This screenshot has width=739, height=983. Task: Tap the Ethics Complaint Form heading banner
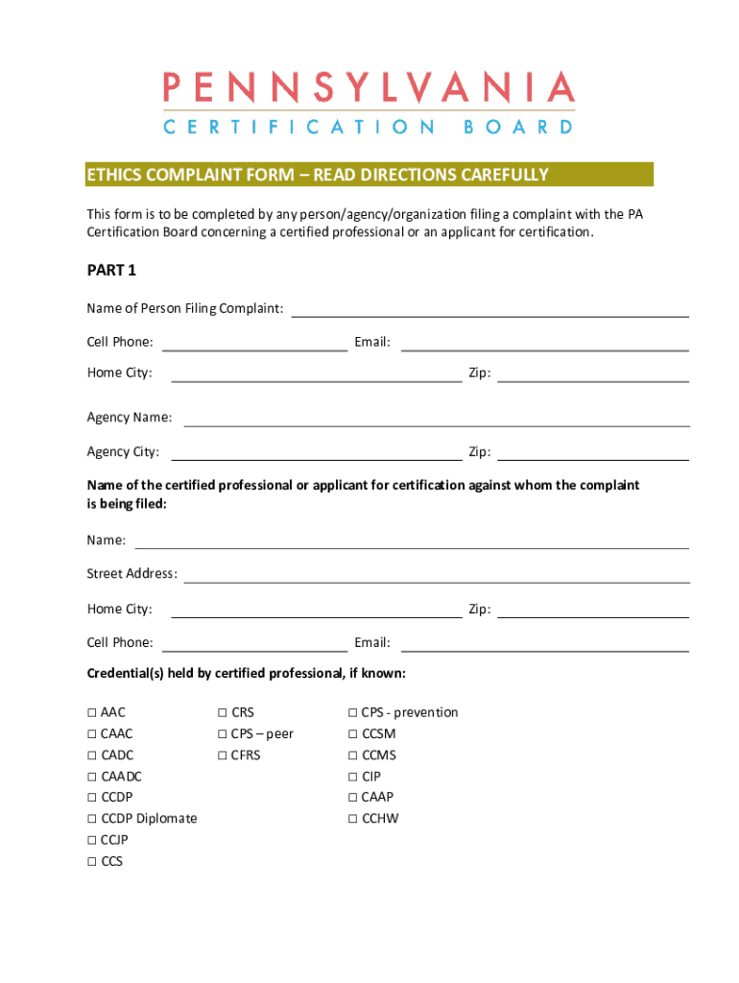[369, 175]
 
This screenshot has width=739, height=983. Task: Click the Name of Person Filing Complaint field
[489, 309]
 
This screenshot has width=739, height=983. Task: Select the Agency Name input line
[436, 419]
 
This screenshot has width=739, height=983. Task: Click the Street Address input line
[436, 575]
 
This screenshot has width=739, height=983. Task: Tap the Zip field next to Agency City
[592, 453]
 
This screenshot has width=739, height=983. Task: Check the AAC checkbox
[92, 713]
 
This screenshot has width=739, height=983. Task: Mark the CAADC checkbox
[92, 777]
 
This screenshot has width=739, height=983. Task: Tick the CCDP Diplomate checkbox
[92, 819]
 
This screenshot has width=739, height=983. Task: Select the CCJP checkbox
[92, 840]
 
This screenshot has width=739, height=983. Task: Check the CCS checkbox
[92, 862]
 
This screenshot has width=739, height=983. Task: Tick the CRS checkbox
[223, 713]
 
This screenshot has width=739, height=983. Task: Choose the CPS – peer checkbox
[223, 734]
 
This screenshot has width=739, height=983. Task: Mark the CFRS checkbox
[223, 755]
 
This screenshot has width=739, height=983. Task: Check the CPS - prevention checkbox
[353, 713]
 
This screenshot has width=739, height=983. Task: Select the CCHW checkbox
[353, 819]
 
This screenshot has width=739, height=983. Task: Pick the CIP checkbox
[353, 777]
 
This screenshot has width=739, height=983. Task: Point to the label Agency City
[123, 452]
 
